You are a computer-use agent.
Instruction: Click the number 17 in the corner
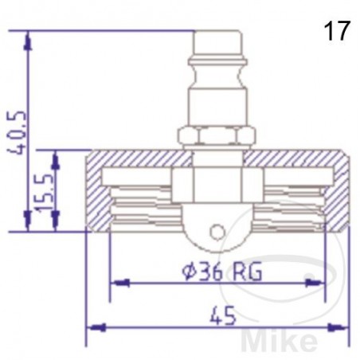tap(337, 32)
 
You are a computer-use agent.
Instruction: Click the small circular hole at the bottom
tap(217, 232)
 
